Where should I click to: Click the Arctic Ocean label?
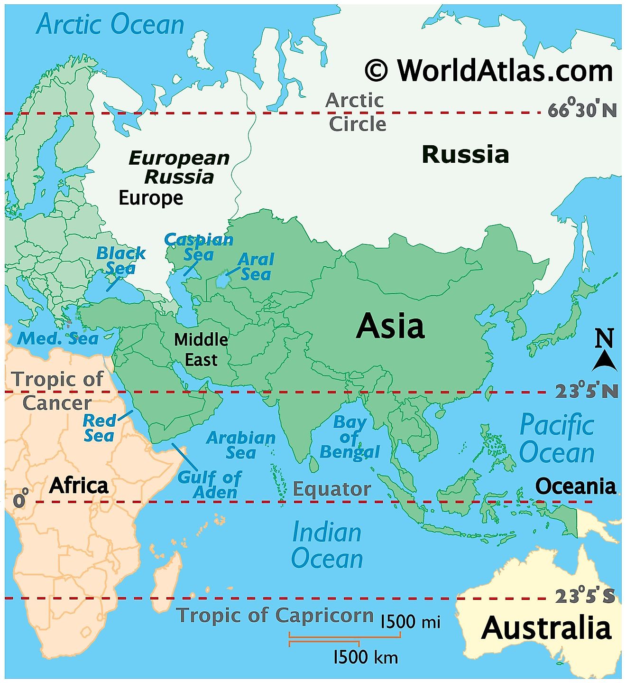click(x=110, y=25)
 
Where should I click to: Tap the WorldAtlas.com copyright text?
click(x=489, y=71)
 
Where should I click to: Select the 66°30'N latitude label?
click(x=582, y=111)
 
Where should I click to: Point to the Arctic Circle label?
click(x=356, y=112)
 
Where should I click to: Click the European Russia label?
click(x=179, y=167)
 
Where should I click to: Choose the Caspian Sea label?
click(x=199, y=247)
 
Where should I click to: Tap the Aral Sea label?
click(x=256, y=267)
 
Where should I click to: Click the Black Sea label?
click(x=120, y=261)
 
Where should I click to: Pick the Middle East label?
click(x=201, y=349)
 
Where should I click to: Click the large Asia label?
click(x=390, y=326)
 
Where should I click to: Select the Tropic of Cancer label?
click(x=57, y=391)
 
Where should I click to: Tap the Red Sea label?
click(x=99, y=428)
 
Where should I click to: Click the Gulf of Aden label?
click(x=210, y=485)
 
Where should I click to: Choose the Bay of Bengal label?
click(x=350, y=437)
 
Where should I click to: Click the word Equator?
click(x=331, y=489)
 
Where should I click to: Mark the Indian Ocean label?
click(x=327, y=545)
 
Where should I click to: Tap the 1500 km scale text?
click(x=366, y=657)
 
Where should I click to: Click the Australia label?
click(x=546, y=628)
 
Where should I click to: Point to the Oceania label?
click(x=575, y=487)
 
